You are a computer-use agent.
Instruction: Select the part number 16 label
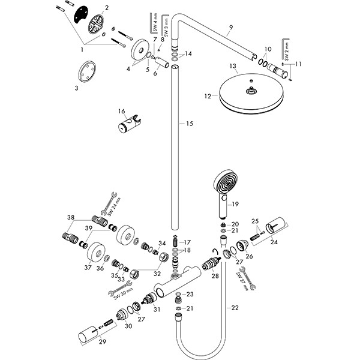121,112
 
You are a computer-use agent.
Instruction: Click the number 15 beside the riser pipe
190,124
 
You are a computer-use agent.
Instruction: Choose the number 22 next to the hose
234,308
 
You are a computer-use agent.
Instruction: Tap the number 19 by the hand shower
235,204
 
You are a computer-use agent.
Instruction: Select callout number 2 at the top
106,8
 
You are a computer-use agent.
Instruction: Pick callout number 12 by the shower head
208,95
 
